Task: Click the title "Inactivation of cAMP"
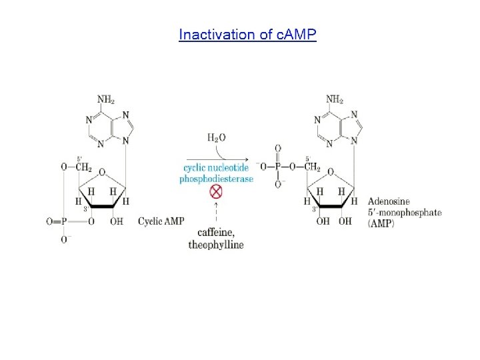click(x=247, y=35)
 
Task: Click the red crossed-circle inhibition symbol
click(x=216, y=192)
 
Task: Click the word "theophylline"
click(x=216, y=244)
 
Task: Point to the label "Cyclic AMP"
click(x=161, y=221)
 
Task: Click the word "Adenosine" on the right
click(x=389, y=201)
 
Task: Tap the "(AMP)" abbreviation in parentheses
click(x=381, y=223)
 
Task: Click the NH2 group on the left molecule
click(x=105, y=99)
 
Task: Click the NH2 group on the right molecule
click(x=335, y=99)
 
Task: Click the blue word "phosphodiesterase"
click(x=217, y=179)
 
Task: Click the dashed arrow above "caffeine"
click(x=216, y=213)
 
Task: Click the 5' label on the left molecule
click(x=79, y=159)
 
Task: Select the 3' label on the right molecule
click(x=314, y=209)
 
